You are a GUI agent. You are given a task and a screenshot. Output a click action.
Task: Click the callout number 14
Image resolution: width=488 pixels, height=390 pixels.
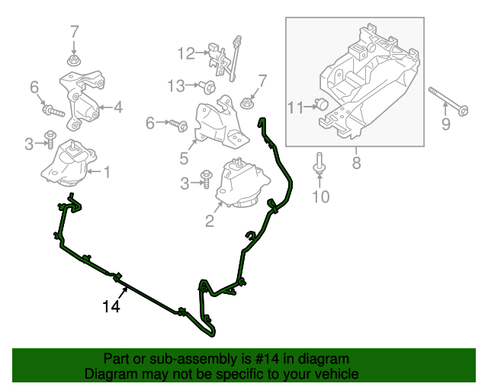click(111, 306)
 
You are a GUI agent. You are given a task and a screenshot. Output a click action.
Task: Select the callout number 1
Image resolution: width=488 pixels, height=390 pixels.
click(107, 173)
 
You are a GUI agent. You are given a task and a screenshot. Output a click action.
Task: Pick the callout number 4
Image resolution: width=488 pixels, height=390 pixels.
click(118, 107)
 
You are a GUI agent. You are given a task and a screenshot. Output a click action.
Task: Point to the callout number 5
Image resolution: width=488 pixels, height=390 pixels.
click(184, 158)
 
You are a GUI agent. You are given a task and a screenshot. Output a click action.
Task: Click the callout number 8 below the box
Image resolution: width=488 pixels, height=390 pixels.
click(356, 161)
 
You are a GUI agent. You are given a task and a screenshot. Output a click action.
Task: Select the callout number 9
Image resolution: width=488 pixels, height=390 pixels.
click(447, 121)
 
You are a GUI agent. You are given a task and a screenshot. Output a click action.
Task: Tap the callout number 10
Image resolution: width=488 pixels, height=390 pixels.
click(320, 197)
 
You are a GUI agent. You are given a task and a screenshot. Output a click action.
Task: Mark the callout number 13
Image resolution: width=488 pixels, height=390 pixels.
click(176, 85)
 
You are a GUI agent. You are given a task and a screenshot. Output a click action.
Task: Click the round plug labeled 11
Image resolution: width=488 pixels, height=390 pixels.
click(322, 104)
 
